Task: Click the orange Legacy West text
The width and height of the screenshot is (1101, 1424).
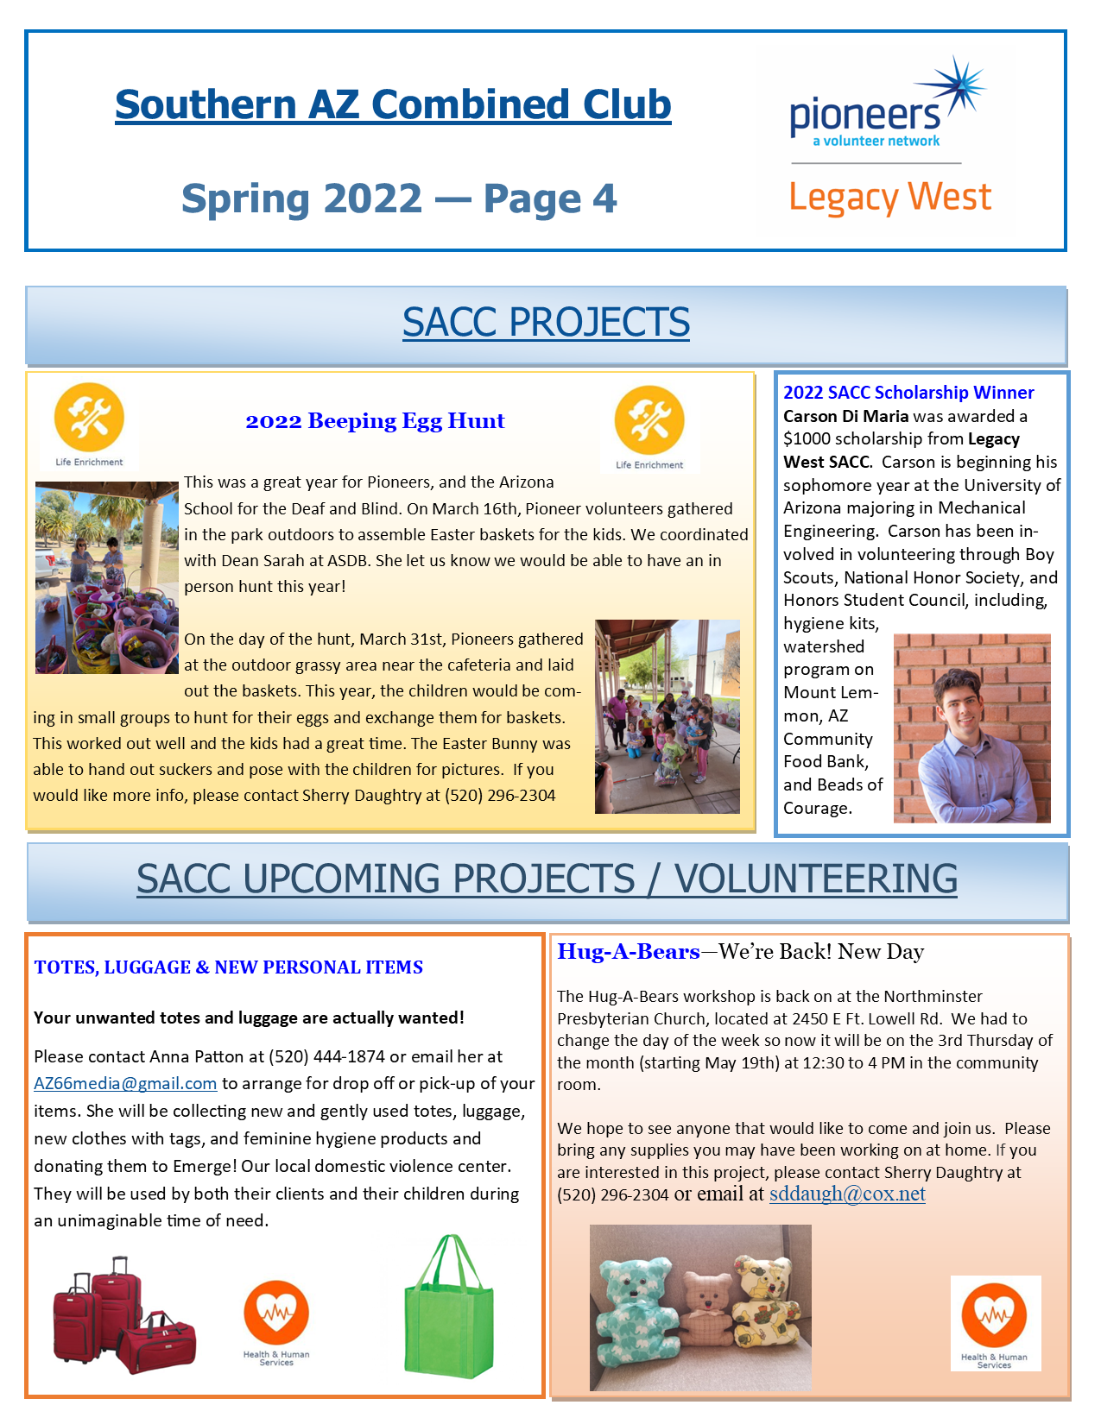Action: click(x=889, y=198)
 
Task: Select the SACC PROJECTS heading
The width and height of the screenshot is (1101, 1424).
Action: click(x=546, y=323)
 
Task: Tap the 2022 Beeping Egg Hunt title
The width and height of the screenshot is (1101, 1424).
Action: click(x=375, y=421)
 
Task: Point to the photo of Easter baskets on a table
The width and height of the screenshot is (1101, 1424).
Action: click(x=106, y=577)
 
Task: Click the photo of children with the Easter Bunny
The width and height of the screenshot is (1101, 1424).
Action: click(x=667, y=716)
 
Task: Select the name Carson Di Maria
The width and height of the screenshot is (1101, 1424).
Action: click(x=845, y=416)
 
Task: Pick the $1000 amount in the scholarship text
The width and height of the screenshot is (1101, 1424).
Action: click(x=806, y=439)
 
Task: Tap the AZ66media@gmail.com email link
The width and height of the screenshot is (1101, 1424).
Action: click(x=125, y=1084)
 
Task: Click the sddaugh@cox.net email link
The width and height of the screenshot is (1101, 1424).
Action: click(x=846, y=1194)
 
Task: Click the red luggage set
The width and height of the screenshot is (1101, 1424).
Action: click(x=123, y=1316)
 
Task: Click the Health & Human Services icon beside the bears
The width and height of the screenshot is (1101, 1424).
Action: click(x=995, y=1318)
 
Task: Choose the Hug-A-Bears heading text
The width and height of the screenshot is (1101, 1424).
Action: click(x=629, y=952)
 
